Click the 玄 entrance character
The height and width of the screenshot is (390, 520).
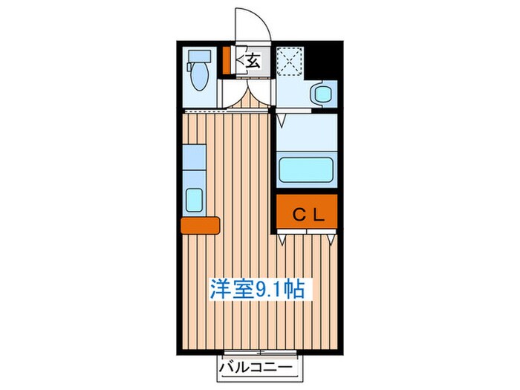click(x=253, y=61)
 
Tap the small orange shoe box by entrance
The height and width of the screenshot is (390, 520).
click(x=228, y=61)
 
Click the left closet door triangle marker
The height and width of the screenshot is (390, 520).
click(x=283, y=240)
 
